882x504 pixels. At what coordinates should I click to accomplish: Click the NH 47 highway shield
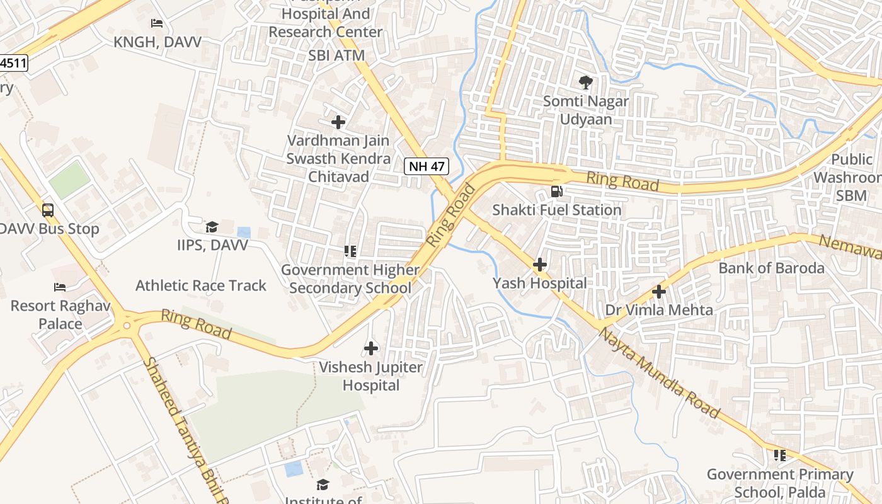[426, 167]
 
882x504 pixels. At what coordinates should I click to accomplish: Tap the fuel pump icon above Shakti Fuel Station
[557, 191]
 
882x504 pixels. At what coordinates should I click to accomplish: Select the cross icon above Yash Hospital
[540, 265]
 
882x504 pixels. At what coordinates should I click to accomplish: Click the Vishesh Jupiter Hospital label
[371, 376]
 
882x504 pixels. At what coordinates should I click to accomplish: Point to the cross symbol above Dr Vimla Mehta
[659, 292]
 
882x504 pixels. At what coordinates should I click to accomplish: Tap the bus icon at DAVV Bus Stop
[48, 210]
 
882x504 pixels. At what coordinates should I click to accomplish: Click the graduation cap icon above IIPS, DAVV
[212, 227]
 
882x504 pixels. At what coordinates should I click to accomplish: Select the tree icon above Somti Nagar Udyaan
[585, 82]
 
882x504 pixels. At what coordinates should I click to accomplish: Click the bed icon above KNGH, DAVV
[157, 23]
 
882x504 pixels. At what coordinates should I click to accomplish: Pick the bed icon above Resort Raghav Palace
[60, 287]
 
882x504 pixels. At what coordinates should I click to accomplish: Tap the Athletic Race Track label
[201, 285]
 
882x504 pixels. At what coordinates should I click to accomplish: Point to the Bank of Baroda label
[771, 268]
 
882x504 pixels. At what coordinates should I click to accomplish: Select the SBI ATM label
[336, 55]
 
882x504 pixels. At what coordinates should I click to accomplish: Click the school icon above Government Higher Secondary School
[350, 251]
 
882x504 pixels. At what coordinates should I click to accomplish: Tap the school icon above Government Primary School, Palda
[780, 455]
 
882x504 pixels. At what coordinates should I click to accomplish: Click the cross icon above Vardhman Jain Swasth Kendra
[338, 122]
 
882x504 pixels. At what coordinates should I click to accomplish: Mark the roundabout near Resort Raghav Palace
[127, 326]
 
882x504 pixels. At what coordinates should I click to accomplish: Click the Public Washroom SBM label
[847, 178]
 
